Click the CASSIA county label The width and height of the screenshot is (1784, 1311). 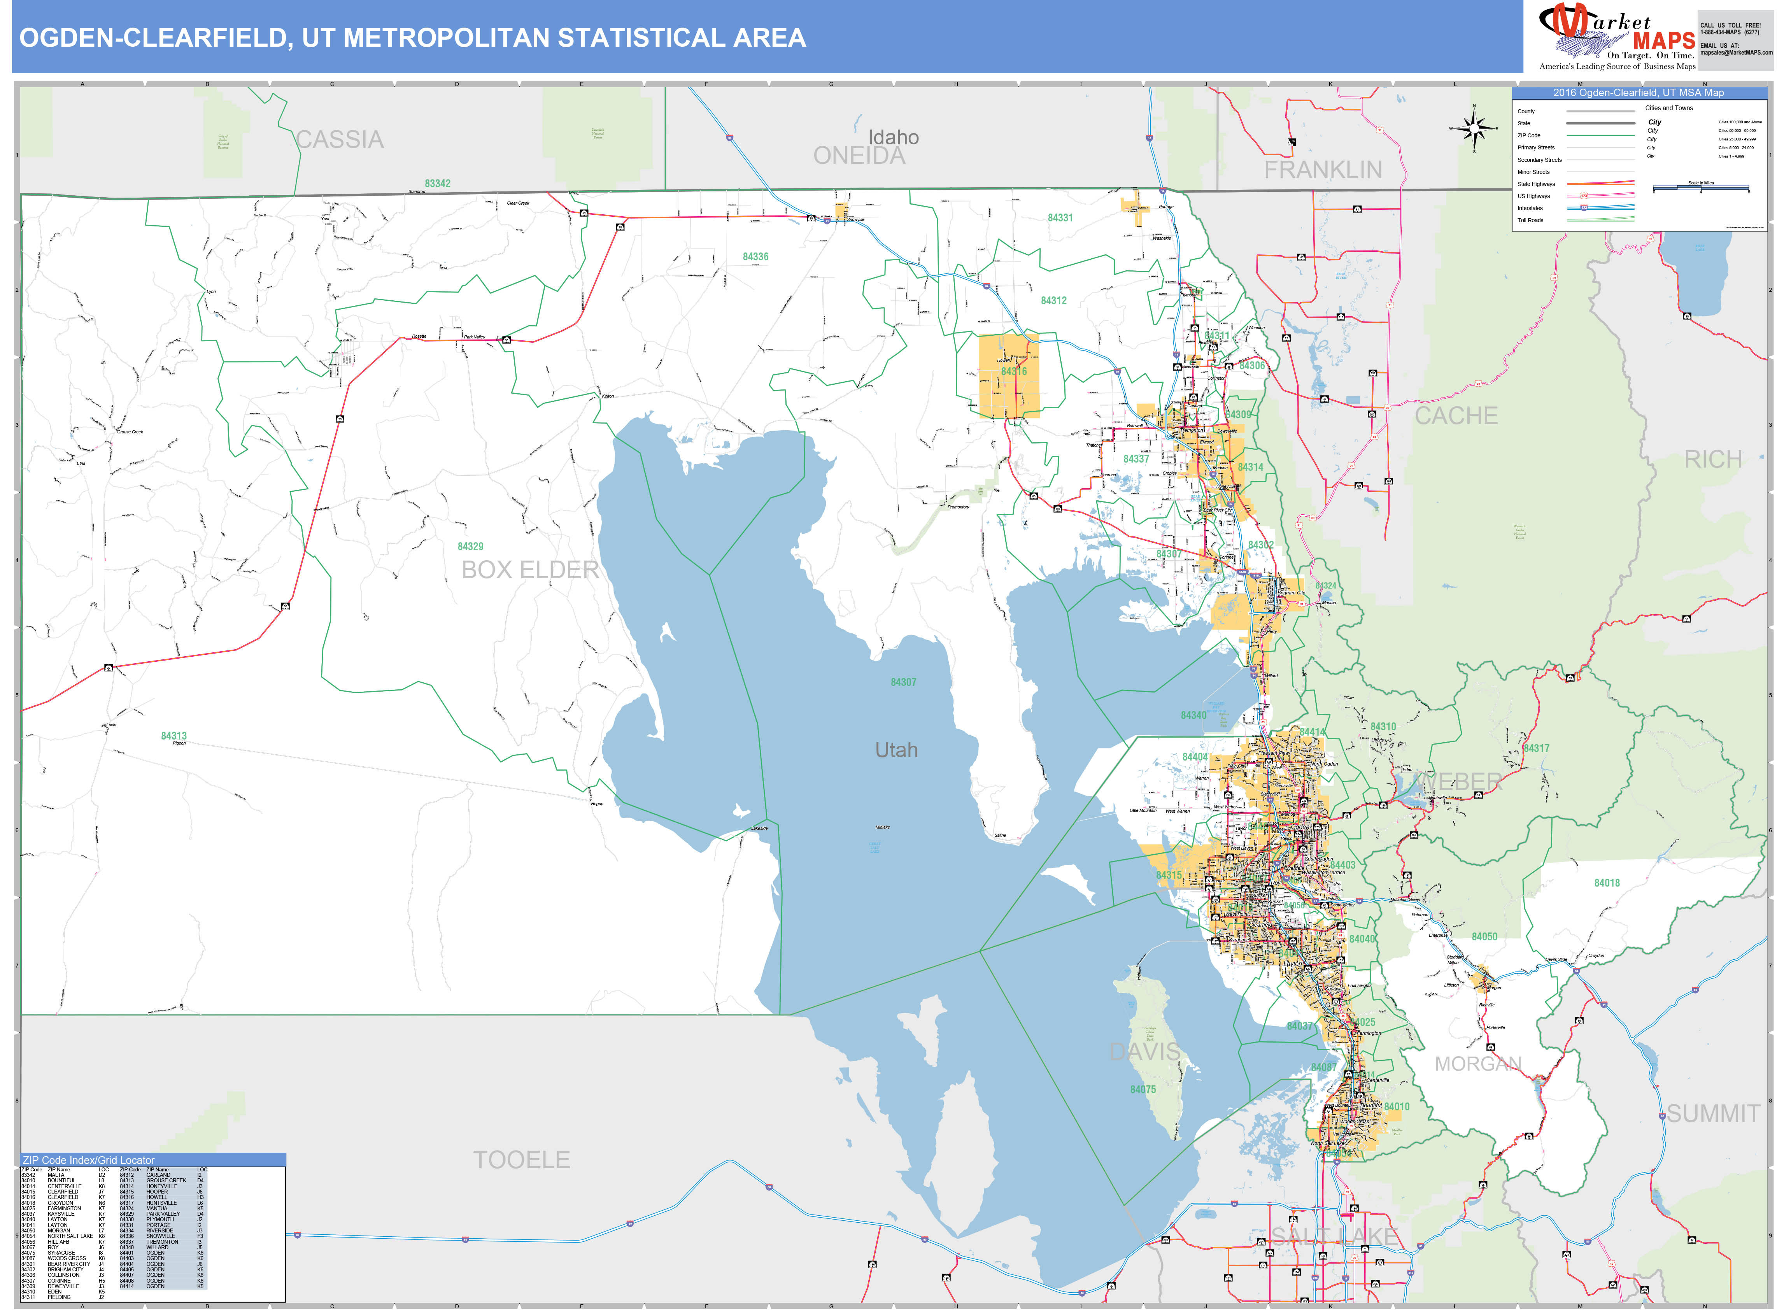pyautogui.click(x=340, y=140)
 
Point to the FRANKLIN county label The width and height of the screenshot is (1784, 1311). pyautogui.click(x=1323, y=170)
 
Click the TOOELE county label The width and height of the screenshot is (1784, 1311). pyautogui.click(x=521, y=1160)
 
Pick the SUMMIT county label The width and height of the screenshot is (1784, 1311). pyautogui.click(x=1712, y=1114)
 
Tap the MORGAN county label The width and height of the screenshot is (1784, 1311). pyautogui.click(x=1478, y=1064)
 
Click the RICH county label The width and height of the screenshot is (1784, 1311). pyautogui.click(x=1712, y=459)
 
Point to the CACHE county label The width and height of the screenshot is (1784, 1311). pyautogui.click(x=1456, y=416)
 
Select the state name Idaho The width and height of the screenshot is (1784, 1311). pyautogui.click(x=894, y=137)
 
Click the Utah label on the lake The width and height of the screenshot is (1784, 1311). pyautogui.click(x=896, y=750)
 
